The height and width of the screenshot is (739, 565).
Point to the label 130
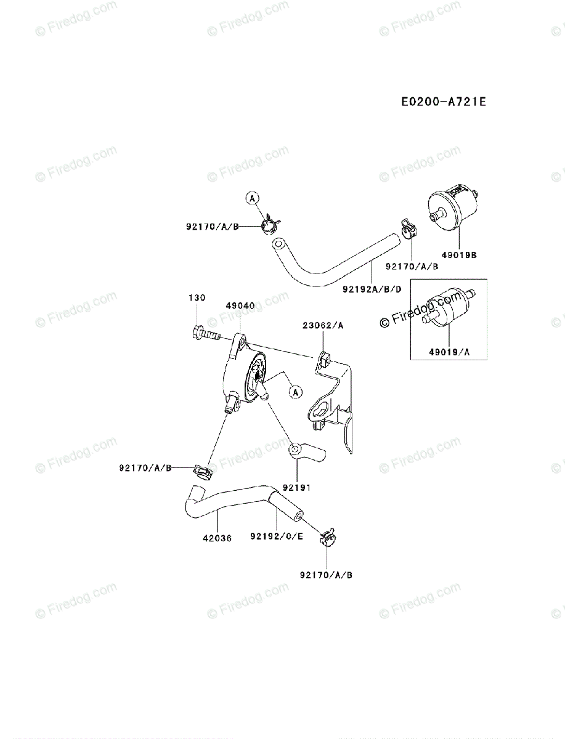coord(197,298)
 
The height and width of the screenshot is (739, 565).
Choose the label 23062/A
coord(323,325)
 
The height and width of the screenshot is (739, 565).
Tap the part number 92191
coord(297,487)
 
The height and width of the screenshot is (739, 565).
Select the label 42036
coord(217,537)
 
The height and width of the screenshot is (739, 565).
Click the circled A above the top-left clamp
coord(252,198)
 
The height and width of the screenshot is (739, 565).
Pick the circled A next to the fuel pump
coord(295,391)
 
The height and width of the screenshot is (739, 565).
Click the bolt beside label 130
coord(205,334)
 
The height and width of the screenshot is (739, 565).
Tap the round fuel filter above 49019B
coord(452,211)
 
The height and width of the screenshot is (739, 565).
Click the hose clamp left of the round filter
coord(410,229)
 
